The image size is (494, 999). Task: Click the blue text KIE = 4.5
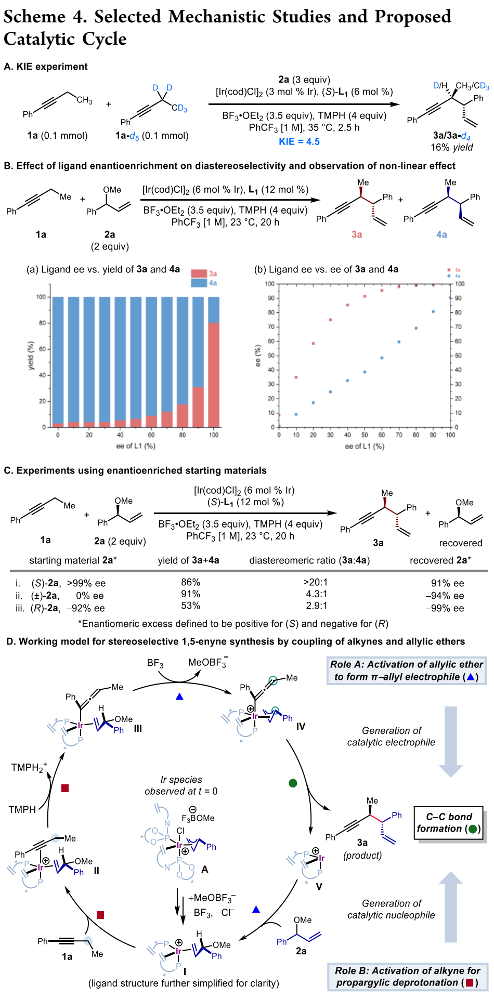[298, 141]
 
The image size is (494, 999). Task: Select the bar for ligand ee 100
[214, 364]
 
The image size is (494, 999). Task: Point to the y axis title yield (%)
[31, 356]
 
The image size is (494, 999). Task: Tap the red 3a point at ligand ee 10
[296, 377]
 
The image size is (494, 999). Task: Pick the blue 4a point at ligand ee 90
[433, 312]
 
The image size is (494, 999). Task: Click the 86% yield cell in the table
[190, 583]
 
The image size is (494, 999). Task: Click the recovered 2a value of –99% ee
[445, 608]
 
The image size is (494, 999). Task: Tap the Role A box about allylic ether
[406, 671]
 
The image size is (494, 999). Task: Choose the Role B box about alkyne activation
[406, 977]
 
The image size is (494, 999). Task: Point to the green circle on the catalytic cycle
[293, 783]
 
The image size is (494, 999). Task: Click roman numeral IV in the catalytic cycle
[301, 727]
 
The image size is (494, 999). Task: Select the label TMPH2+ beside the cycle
[29, 768]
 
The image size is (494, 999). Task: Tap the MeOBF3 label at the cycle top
[207, 663]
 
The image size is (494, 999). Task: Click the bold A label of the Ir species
[204, 869]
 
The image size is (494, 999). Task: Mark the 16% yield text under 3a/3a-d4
[451, 147]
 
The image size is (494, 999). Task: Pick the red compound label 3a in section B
[356, 234]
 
